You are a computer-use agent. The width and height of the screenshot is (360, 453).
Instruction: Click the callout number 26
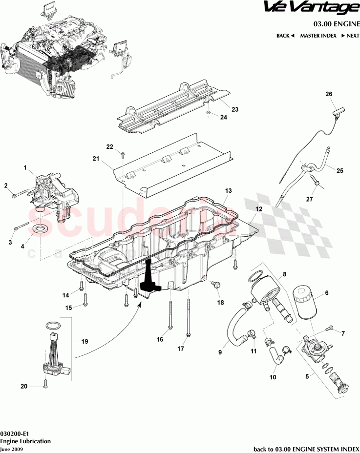[328, 94]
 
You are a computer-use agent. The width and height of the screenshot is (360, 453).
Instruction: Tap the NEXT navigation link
[350, 36]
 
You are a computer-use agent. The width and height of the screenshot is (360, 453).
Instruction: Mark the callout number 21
[96, 159]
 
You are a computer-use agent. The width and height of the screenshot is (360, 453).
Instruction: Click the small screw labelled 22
[123, 155]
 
